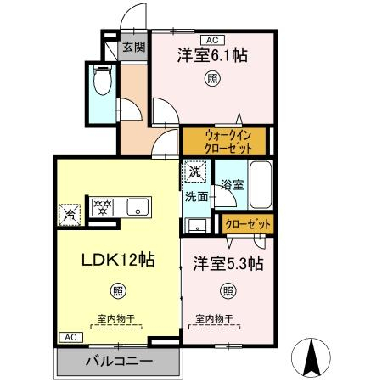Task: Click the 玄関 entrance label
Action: pos(134,47)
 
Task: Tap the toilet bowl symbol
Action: pos(103,80)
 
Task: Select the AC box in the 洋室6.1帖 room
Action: pos(212,40)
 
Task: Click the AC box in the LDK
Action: pos(70,337)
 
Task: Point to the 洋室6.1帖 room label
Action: pos(212,55)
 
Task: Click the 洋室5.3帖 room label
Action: pos(228,264)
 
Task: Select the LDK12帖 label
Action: pos(118,260)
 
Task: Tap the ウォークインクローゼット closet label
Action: pos(228,142)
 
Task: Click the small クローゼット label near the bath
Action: pos(248,224)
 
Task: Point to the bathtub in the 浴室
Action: pos(261,185)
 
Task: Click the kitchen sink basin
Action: pos(138,207)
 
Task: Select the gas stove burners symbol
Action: pos(103,207)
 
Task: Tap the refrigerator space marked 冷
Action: pos(70,215)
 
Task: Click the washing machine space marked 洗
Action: pos(195,171)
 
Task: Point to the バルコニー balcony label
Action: pos(120,362)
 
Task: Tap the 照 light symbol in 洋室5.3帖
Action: pos(228,290)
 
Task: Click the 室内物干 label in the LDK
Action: pos(116,319)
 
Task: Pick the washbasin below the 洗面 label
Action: pos(198,226)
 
